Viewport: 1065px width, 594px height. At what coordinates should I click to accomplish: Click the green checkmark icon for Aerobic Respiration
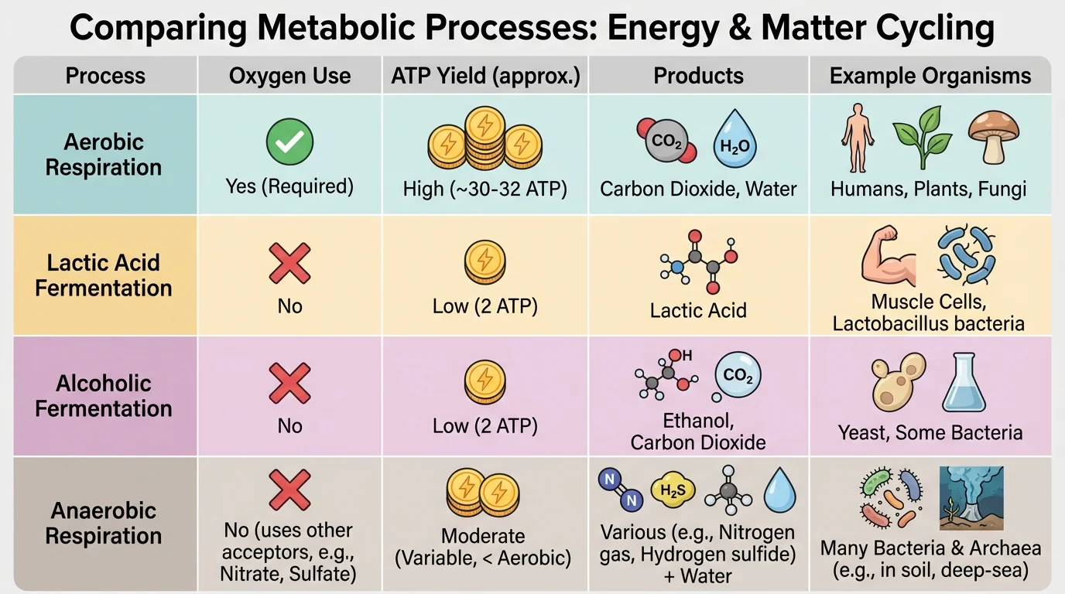pyautogui.click(x=289, y=142)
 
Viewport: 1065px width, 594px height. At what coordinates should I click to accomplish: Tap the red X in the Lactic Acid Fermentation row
pyautogui.click(x=289, y=263)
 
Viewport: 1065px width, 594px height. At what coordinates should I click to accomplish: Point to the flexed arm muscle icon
pyautogui.click(x=888, y=258)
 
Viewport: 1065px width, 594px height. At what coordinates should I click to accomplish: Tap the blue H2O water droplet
pyautogui.click(x=734, y=140)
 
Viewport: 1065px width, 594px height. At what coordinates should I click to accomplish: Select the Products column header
pyautogui.click(x=698, y=76)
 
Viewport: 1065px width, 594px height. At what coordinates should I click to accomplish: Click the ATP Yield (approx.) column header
pyautogui.click(x=485, y=76)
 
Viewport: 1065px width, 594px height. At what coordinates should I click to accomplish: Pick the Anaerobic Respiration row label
pyautogui.click(x=104, y=523)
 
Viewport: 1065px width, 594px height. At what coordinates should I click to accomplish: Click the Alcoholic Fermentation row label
pyautogui.click(x=104, y=396)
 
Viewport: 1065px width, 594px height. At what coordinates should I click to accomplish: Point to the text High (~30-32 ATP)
pyautogui.click(x=485, y=188)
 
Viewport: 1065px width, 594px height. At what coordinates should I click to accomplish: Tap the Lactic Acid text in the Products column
pyautogui.click(x=698, y=311)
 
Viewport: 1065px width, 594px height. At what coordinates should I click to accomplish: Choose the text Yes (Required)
pyautogui.click(x=289, y=186)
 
